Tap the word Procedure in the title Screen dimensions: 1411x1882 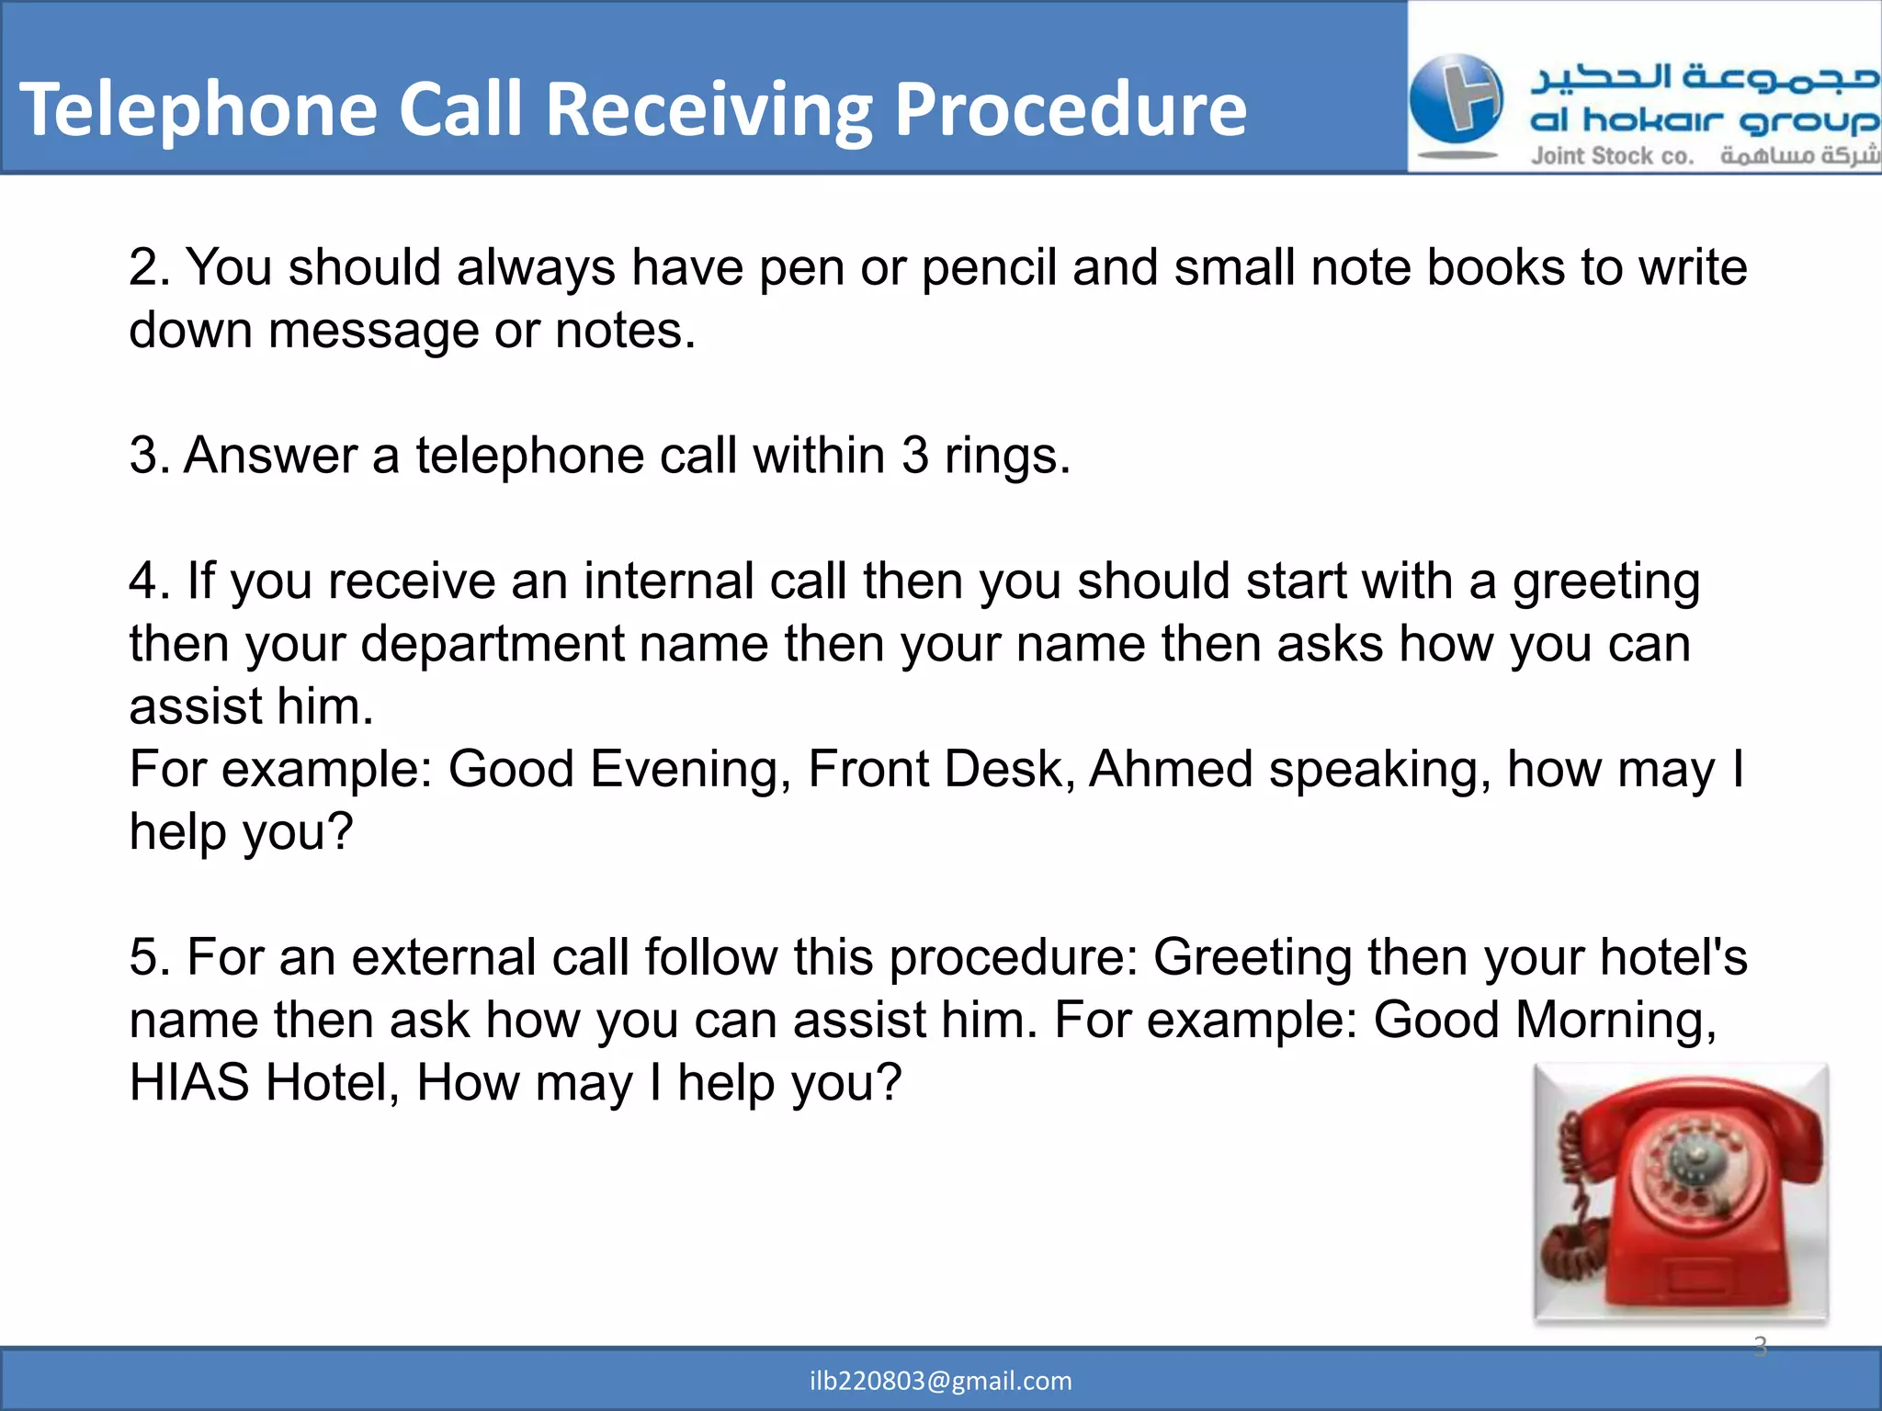(x=1071, y=110)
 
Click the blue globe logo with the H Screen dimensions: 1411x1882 (x=1457, y=99)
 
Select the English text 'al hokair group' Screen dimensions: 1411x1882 (x=1704, y=121)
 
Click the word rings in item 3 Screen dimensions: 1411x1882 (x=1007, y=457)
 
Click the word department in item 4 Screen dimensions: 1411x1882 (x=492, y=645)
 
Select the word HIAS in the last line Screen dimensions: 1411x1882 (x=188, y=1083)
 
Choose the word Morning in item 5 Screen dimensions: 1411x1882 (x=1616, y=1021)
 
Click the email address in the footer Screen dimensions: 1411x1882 (x=940, y=1381)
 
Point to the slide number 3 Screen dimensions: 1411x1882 (x=1760, y=1346)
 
